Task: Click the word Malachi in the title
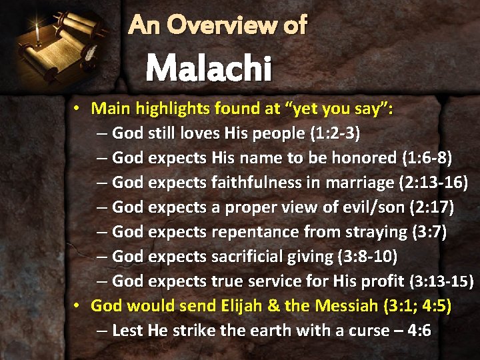[x=208, y=68]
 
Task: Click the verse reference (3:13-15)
[x=441, y=282]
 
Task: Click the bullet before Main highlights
[x=78, y=108]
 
